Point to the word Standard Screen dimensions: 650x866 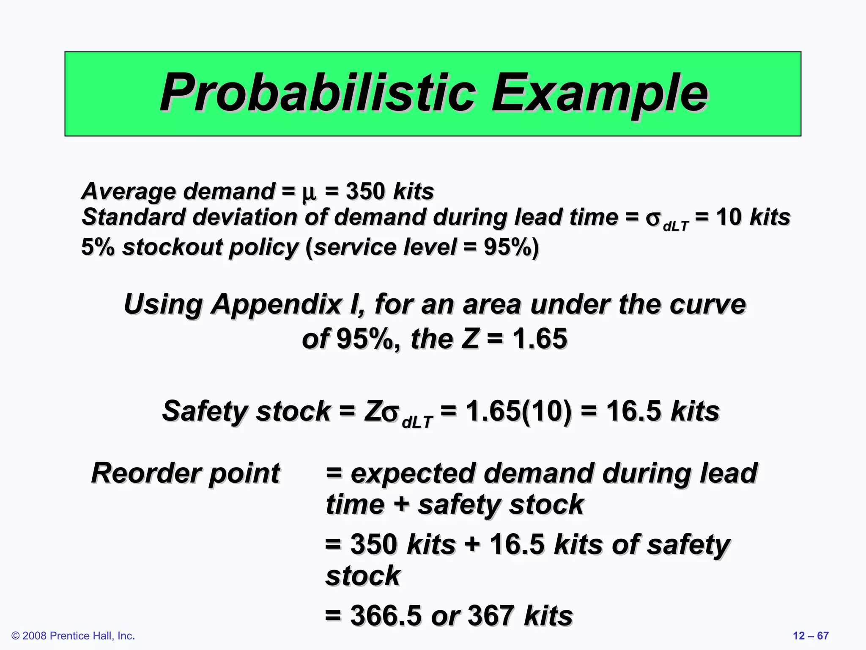[x=133, y=217]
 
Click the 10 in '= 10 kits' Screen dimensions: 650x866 [x=729, y=217]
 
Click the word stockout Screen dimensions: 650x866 [x=171, y=247]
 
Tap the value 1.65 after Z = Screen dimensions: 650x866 [x=540, y=339]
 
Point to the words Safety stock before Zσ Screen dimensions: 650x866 [x=247, y=411]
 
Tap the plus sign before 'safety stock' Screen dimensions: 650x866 [x=401, y=504]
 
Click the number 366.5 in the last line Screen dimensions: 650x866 [x=386, y=616]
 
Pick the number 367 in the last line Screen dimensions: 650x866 [x=491, y=616]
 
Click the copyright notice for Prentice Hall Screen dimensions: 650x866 [x=73, y=636]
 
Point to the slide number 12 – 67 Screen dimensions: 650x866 [x=810, y=636]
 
